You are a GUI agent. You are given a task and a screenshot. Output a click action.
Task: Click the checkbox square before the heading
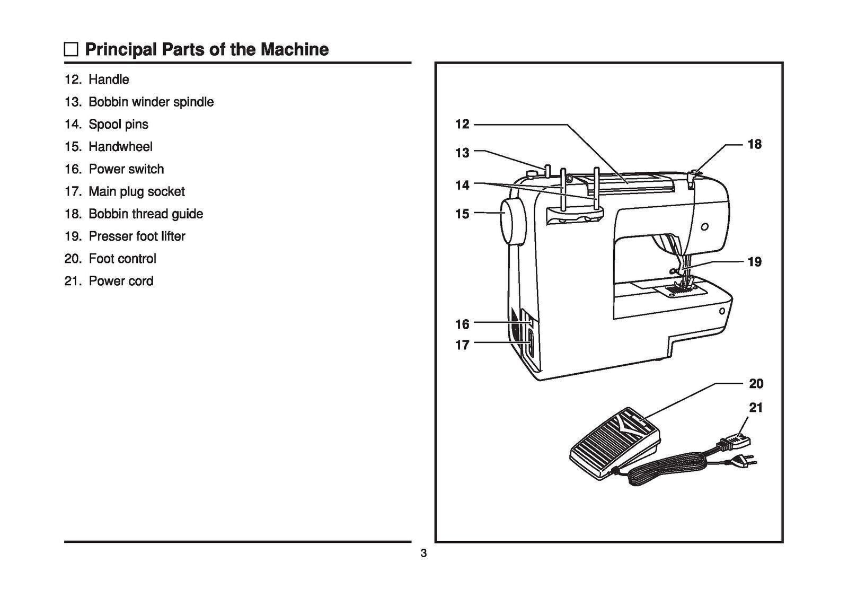point(70,50)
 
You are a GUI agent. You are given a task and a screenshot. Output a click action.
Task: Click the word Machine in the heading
point(294,49)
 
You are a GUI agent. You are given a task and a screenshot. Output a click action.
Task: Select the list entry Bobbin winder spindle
point(151,102)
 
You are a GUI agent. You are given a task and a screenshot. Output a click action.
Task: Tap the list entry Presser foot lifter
point(137,236)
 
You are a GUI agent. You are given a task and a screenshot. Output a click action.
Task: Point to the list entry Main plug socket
point(136,191)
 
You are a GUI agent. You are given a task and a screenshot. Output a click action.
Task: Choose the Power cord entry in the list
point(121,281)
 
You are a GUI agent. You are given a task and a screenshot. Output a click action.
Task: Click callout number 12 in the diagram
point(462,124)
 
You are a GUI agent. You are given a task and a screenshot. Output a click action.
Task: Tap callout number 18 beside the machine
point(754,144)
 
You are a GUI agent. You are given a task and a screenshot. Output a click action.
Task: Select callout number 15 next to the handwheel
point(462,214)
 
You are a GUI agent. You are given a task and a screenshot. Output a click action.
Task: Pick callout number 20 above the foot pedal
point(756,383)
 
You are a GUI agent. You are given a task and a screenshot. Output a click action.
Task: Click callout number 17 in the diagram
point(462,345)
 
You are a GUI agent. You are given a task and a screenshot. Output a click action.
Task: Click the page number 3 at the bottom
point(423,554)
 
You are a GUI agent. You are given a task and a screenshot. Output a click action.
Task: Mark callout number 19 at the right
point(754,262)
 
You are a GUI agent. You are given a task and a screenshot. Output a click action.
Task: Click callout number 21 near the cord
point(756,408)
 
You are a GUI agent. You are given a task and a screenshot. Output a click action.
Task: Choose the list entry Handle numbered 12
point(109,80)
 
